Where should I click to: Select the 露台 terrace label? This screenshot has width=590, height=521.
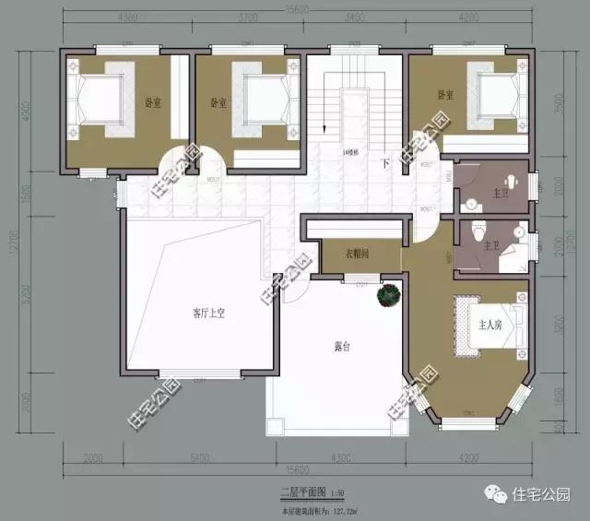click(x=343, y=348)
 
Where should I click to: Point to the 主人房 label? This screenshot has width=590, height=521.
click(x=490, y=325)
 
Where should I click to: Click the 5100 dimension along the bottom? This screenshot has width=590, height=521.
click(x=195, y=457)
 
